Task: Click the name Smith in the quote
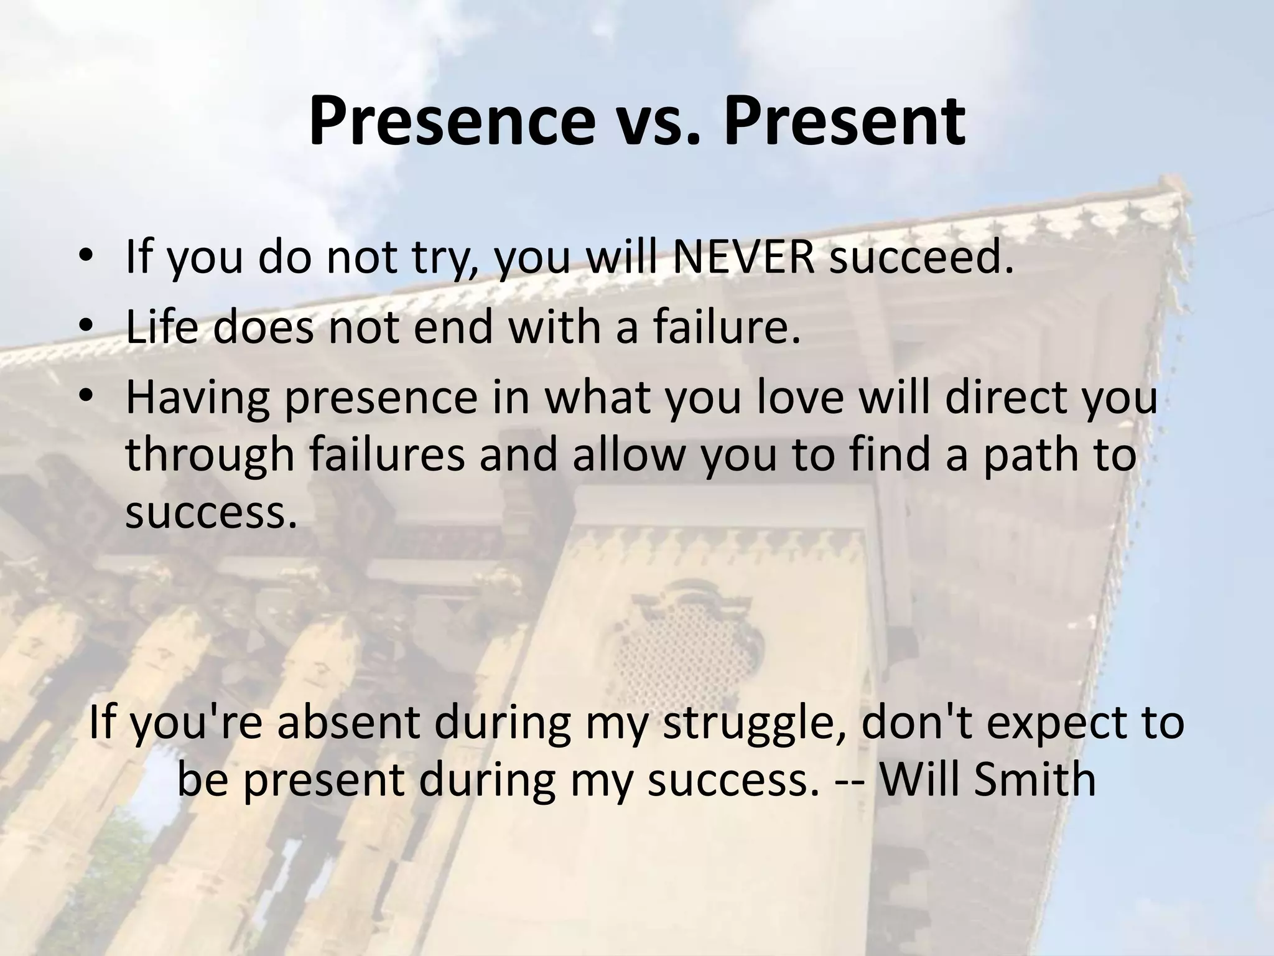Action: pyautogui.click(x=1033, y=779)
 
